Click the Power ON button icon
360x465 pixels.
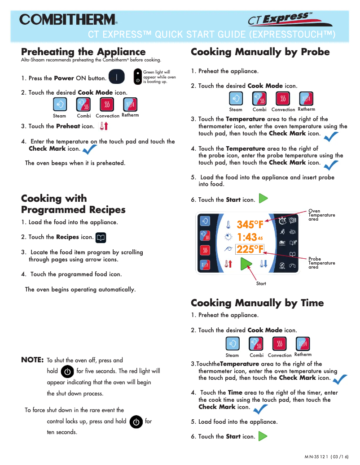[x=117, y=77]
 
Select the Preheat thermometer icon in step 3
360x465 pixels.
[x=104, y=126]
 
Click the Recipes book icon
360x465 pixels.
[x=101, y=237]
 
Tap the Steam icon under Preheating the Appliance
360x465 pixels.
[x=60, y=105]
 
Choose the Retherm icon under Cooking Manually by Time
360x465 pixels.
[x=303, y=343]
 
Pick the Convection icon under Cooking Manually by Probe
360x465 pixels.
[x=282, y=99]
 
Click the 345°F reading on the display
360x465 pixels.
[x=250, y=225]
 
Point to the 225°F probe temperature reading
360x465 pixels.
[x=250, y=249]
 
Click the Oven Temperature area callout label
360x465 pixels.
[x=321, y=215]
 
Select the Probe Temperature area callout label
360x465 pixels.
[x=321, y=263]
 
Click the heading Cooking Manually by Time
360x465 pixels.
[x=257, y=303]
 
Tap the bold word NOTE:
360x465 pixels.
[x=32, y=360]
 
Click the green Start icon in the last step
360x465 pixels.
[x=263, y=436]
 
